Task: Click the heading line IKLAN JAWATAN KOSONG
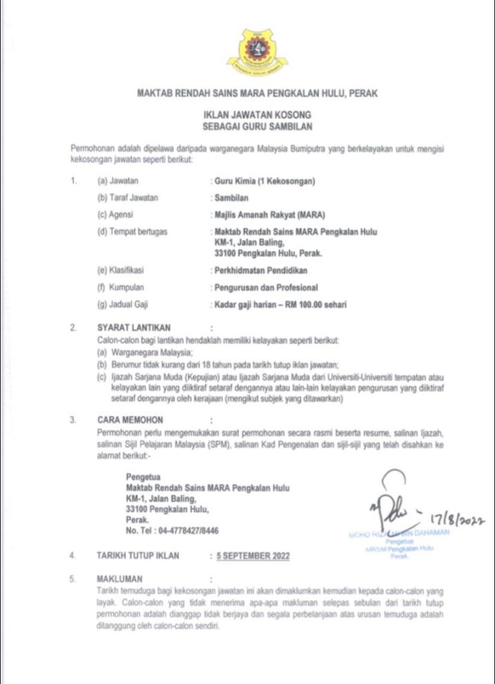tap(247, 114)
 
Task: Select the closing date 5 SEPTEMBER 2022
tap(249, 556)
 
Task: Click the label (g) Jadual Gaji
tap(123, 305)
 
